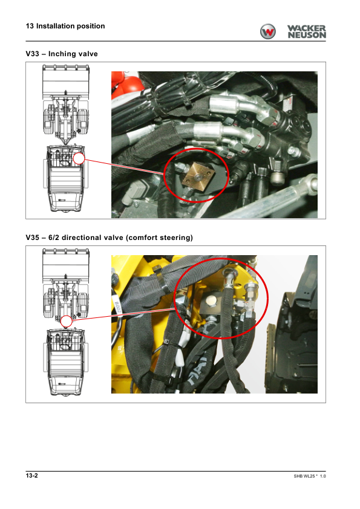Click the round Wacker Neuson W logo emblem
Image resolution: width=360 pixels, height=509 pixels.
click(267, 31)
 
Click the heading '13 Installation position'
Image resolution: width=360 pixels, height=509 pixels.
click(65, 26)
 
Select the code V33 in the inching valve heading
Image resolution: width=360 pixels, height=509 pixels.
click(33, 54)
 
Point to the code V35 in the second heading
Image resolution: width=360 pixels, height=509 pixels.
click(33, 238)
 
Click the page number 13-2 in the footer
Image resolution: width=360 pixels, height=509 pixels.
click(32, 476)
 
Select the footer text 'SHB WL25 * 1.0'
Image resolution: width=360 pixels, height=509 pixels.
click(310, 476)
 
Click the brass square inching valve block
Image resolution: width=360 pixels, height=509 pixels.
click(197, 177)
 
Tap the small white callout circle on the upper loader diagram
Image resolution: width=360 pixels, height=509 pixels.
click(79, 159)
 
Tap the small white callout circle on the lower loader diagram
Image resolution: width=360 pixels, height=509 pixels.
click(67, 322)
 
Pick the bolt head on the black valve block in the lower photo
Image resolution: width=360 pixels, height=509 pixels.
click(211, 302)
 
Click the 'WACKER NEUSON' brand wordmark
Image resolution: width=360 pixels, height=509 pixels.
click(306, 32)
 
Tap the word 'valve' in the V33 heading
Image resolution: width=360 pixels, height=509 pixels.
click(88, 54)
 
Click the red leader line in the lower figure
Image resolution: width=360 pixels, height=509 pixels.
click(124, 314)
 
